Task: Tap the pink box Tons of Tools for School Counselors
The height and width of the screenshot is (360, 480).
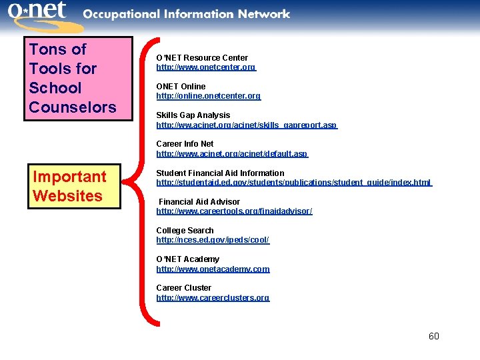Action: coord(78,78)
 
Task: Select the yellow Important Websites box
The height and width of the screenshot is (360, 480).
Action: coord(74,186)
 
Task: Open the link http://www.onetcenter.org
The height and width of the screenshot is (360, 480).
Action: coord(206,67)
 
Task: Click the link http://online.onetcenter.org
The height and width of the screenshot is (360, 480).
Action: coord(209,96)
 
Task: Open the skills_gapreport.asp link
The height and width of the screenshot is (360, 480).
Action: coord(247,125)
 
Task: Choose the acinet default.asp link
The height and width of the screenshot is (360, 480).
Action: coord(232,154)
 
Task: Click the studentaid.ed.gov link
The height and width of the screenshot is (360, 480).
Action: coord(294,183)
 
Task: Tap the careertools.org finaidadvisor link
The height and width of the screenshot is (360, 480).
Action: coord(234,211)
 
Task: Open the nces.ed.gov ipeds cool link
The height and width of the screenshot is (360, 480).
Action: coord(213,240)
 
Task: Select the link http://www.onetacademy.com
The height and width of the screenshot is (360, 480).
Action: coord(213,269)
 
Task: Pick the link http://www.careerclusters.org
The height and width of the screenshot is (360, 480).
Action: coord(213,298)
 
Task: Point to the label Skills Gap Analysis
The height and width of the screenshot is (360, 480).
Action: coord(193,115)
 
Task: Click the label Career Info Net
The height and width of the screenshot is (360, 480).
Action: coord(185,144)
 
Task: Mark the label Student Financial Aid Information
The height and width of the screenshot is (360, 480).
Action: coord(220,173)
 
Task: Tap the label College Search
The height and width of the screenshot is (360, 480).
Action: coord(185,231)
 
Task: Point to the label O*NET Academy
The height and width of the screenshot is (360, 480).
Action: coord(187,259)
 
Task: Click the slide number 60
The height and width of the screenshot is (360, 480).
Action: coord(433,336)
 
